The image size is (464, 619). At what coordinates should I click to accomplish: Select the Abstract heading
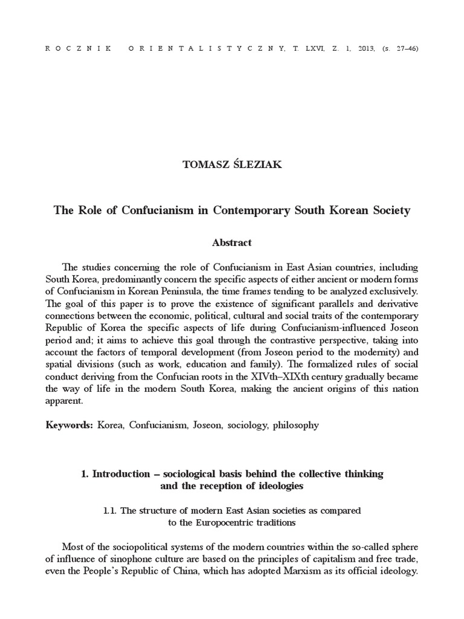point(232,242)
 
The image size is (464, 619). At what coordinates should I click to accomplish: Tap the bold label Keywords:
point(69,425)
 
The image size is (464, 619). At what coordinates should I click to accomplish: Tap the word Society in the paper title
point(389,211)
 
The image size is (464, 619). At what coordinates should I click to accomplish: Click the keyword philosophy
point(295,425)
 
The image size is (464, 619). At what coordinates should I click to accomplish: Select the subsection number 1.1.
point(110,511)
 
